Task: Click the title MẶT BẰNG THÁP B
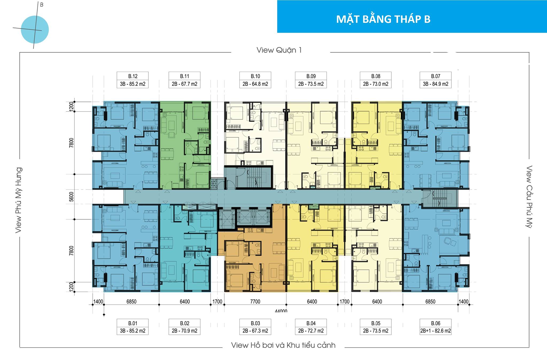383,19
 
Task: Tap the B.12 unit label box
132,76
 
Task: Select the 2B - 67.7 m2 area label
185,84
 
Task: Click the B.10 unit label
255,76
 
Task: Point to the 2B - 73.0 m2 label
376,84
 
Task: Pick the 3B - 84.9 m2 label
435,84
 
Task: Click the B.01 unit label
132,323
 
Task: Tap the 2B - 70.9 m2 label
185,331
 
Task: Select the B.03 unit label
255,323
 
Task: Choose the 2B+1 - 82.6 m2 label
435,331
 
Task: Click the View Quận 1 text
279,50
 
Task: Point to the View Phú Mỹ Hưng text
18,200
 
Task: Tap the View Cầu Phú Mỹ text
529,197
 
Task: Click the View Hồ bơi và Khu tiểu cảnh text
283,345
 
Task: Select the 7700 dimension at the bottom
255,301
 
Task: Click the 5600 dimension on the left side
71,197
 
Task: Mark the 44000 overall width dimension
281,311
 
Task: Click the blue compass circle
35,30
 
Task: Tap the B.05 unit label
376,323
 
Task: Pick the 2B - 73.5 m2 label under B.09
311,84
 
